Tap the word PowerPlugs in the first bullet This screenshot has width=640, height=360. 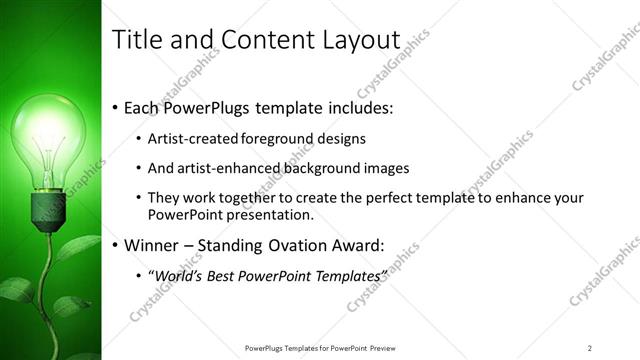(207, 106)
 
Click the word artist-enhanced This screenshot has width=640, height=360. (220, 168)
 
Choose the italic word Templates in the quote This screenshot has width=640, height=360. (346, 275)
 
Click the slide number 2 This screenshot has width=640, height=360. (590, 347)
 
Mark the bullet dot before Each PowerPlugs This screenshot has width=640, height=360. (115, 107)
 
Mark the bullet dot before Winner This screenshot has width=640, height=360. (115, 245)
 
